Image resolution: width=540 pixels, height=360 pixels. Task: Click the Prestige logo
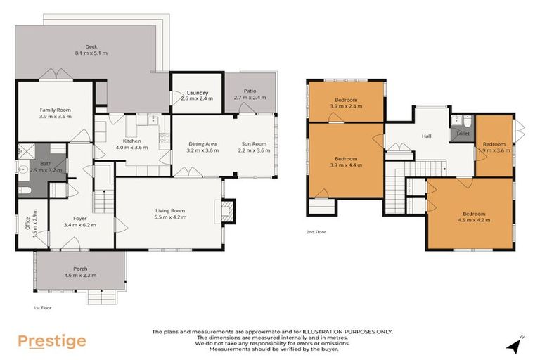click(x=51, y=341)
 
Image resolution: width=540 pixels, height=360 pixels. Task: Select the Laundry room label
click(x=197, y=92)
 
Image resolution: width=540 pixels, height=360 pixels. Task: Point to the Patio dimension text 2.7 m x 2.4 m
click(x=250, y=98)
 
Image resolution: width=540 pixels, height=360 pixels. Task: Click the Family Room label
click(x=55, y=110)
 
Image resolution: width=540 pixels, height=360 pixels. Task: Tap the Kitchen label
click(x=132, y=141)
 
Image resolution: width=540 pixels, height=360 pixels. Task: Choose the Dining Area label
click(x=202, y=144)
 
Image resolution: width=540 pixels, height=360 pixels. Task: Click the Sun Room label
click(x=254, y=144)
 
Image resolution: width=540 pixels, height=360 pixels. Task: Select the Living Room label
click(x=170, y=210)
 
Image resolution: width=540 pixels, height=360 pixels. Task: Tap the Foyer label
click(x=79, y=218)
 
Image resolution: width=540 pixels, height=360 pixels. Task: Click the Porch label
click(x=80, y=268)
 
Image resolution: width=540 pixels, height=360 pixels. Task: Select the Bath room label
click(x=46, y=163)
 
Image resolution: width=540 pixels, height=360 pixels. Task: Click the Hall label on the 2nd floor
click(x=426, y=136)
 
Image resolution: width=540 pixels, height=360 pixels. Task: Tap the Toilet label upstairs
click(x=463, y=133)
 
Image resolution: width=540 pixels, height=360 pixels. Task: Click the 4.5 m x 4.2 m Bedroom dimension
click(x=476, y=220)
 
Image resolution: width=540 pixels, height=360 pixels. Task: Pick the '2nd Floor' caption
click(x=316, y=231)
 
